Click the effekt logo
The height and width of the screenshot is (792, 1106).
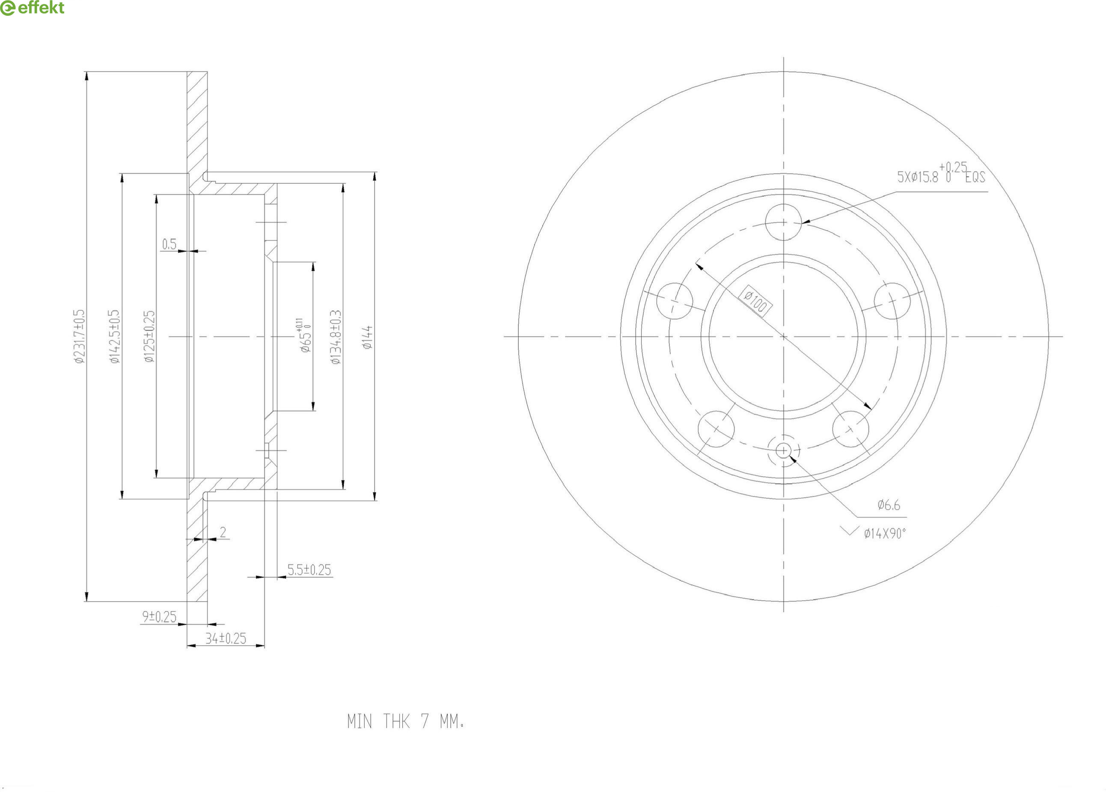(32, 8)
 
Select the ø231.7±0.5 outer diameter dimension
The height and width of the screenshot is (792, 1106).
(80, 336)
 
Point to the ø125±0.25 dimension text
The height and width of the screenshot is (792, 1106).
(149, 336)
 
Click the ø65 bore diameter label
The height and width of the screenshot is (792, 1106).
(304, 336)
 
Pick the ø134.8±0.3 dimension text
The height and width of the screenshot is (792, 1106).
(336, 337)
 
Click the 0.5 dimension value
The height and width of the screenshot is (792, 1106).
(169, 244)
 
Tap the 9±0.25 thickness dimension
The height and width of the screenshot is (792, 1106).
(159, 617)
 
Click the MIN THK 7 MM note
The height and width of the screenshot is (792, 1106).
(405, 721)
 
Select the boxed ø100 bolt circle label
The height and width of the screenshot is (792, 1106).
(755, 302)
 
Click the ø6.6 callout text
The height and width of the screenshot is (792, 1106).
(889, 505)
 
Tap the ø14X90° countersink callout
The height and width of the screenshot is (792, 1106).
(884, 534)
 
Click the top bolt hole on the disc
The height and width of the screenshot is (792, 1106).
(783, 222)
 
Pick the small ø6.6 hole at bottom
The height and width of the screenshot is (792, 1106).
(783, 451)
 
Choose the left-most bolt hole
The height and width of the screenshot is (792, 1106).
(675, 301)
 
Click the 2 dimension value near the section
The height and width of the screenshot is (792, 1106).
(223, 532)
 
